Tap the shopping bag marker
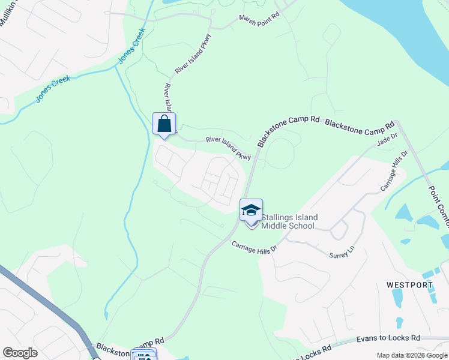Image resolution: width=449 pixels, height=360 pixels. pos(164,125)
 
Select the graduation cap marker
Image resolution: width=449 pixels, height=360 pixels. pos(251,211)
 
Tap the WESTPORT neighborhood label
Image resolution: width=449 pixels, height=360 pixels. pos(411,285)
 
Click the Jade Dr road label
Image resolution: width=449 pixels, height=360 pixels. pos(387,140)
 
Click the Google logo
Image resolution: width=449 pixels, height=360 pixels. pos(20,353)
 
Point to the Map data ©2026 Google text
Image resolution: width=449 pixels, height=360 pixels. pos(412,355)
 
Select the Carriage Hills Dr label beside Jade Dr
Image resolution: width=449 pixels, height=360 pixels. pos(394,171)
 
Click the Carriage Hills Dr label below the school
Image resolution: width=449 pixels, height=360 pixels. pos(255,247)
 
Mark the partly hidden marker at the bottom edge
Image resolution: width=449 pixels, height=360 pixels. pos(143,355)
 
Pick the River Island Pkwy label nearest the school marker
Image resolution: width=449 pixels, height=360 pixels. pos(228,146)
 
